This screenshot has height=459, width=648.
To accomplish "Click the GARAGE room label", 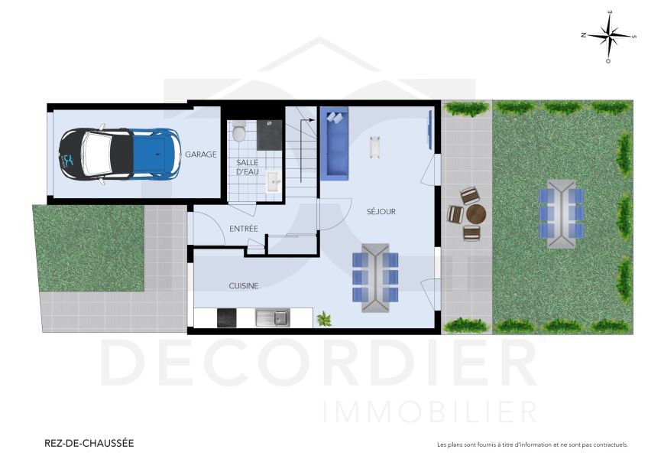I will pyautogui.click(x=200, y=155).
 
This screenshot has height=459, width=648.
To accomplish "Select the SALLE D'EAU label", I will pyautogui.click(x=247, y=168).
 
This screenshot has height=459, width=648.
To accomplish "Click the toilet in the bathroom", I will pyautogui.click(x=238, y=132).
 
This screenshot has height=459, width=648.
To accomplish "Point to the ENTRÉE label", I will pyautogui.click(x=244, y=229).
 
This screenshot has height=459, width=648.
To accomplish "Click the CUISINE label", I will pyautogui.click(x=244, y=286).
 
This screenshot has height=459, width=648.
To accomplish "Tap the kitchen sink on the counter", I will pyautogui.click(x=271, y=317).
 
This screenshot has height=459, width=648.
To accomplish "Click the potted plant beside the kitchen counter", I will pyautogui.click(x=324, y=317).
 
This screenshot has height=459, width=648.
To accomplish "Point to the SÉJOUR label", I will pyautogui.click(x=381, y=212).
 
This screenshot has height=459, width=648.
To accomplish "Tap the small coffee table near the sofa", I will pyautogui.click(x=374, y=146).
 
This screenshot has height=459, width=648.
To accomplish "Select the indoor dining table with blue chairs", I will pyautogui.click(x=375, y=277).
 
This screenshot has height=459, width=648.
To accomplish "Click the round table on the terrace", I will pyautogui.click(x=475, y=213).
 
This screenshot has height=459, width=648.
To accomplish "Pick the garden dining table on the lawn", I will pyautogui.click(x=562, y=213).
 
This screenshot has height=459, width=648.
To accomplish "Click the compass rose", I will pyautogui.click(x=608, y=36).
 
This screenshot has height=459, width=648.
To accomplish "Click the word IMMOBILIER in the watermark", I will pyautogui.click(x=430, y=412).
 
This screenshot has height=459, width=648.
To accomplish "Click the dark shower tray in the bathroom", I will pyautogui.click(x=269, y=134).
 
